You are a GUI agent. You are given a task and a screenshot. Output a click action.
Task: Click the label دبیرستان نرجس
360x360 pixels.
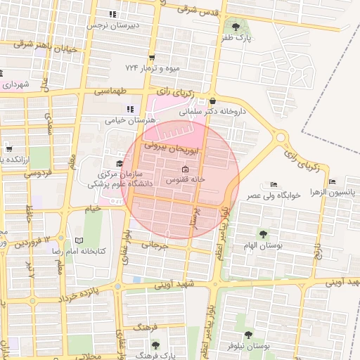113,25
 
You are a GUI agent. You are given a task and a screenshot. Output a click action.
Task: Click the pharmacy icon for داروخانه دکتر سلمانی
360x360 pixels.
212,101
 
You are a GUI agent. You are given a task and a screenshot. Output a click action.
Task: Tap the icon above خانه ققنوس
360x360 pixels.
185,169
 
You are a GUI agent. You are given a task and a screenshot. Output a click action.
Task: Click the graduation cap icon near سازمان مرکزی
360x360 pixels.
119,163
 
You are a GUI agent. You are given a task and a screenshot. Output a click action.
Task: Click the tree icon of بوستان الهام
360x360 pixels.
263,234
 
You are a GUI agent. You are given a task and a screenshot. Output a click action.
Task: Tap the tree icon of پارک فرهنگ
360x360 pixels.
155,345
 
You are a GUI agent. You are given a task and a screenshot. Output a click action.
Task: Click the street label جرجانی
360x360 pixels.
156,245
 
